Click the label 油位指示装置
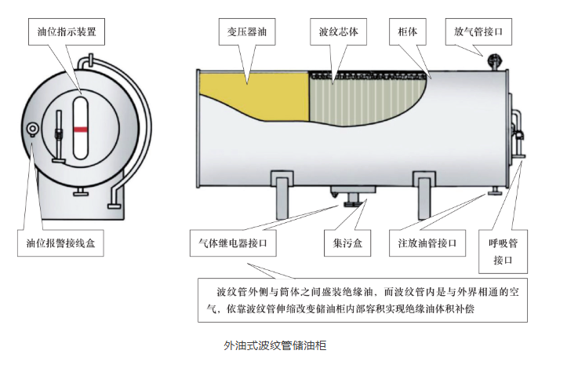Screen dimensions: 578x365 tap(67, 31)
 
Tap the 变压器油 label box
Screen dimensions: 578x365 tap(247, 31)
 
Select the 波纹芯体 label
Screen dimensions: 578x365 tap(338, 31)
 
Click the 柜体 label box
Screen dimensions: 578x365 tap(408, 31)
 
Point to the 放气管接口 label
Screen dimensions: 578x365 tap(478, 31)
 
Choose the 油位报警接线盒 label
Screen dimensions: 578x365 tap(60, 243)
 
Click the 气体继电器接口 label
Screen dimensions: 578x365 tap(233, 243)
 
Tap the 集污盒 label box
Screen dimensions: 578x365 tap(347, 243)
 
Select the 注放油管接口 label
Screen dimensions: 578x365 tap(427, 243)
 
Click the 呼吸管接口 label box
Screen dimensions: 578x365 tap(503, 252)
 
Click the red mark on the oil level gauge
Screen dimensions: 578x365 tap(80, 130)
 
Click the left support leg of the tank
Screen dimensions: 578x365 tap(282, 195)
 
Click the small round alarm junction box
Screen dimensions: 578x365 tap(33, 129)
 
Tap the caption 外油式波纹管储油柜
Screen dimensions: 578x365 tap(275, 346)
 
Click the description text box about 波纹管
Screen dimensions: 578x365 tap(363, 301)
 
